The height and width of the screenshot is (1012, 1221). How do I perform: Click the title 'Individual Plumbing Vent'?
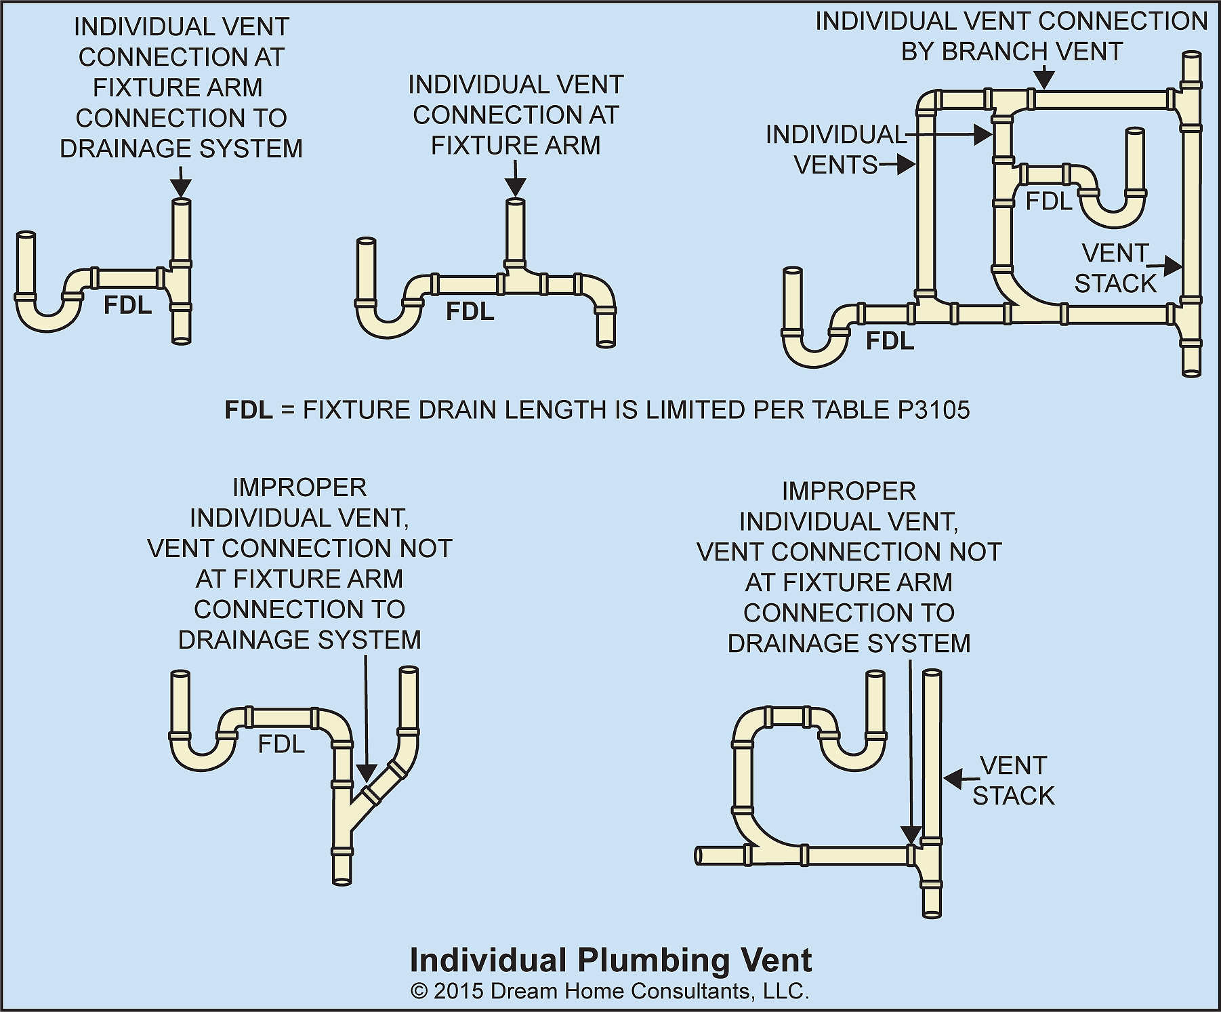pyautogui.click(x=610, y=960)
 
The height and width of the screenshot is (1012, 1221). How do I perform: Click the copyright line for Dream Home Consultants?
pyautogui.click(x=610, y=991)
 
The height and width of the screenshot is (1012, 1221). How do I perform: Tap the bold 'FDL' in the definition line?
pyautogui.click(x=249, y=410)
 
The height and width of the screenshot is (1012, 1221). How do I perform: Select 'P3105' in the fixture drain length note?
pyautogui.click(x=934, y=410)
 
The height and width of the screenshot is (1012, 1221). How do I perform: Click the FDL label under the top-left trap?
pyautogui.click(x=127, y=306)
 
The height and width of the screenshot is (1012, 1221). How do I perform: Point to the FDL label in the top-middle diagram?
pyautogui.click(x=470, y=311)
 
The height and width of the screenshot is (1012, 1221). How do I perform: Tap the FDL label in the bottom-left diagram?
pyautogui.click(x=281, y=744)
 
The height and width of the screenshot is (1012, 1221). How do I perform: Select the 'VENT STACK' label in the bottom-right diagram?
pyautogui.click(x=1014, y=780)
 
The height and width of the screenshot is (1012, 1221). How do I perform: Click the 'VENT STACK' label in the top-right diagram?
pyautogui.click(x=1115, y=268)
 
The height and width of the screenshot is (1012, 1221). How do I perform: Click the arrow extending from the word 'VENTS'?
pyautogui.click(x=898, y=165)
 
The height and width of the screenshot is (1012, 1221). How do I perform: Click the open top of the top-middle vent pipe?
pyautogui.click(x=516, y=202)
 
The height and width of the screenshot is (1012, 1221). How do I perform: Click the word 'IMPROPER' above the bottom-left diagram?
pyautogui.click(x=299, y=487)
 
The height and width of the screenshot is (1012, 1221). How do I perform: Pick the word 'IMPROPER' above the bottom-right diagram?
pyautogui.click(x=848, y=491)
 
